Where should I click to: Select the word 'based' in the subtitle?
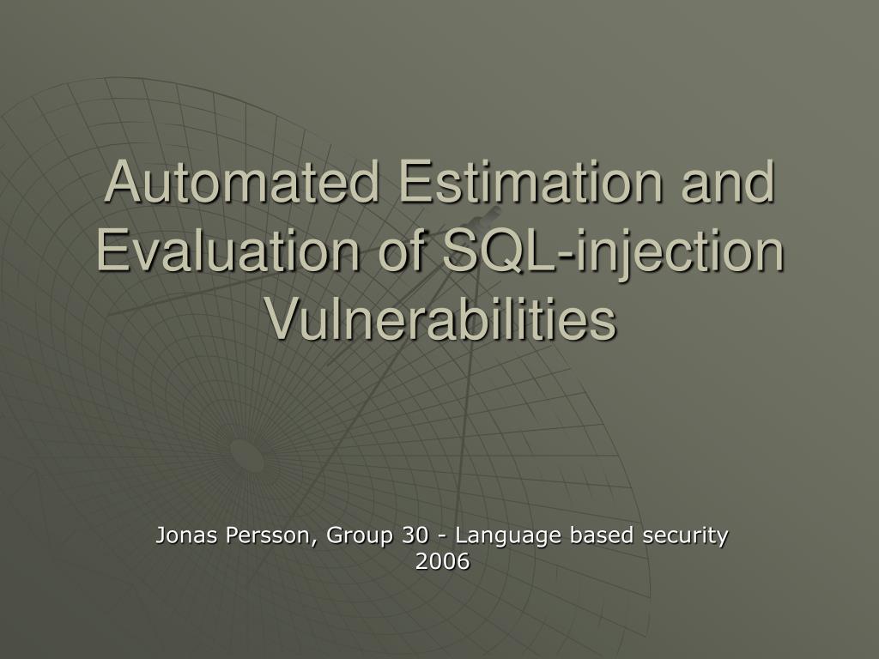click(602, 535)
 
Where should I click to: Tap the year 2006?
click(442, 561)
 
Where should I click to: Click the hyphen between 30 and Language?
click(442, 537)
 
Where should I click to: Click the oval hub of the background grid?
click(246, 455)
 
